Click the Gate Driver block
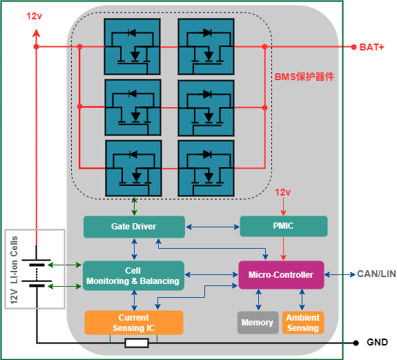coord(134,227)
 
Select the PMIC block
coord(284,226)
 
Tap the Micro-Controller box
coord(281,275)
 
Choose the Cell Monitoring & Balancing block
coord(133,276)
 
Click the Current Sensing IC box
coord(134,323)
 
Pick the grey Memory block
coord(258,323)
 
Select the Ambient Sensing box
coord(303,323)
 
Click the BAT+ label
coord(371,47)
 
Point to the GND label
coord(377,342)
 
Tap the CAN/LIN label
coord(376,274)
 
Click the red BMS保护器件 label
coord(304,77)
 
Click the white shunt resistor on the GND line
coord(137,343)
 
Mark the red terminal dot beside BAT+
coord(354,47)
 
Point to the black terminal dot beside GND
coord(356,343)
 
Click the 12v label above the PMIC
coord(283,192)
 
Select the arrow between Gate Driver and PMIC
coord(213,227)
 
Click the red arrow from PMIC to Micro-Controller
coord(283,249)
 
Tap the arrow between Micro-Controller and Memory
coord(258,300)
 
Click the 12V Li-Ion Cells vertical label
coord(14,269)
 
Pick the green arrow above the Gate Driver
coord(134,207)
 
